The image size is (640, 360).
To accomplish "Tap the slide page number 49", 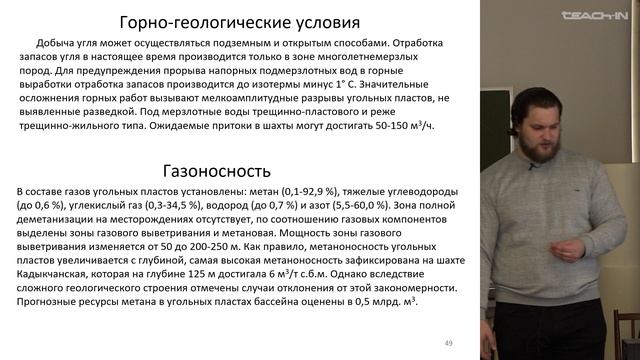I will pyautogui.click(x=449, y=344).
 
